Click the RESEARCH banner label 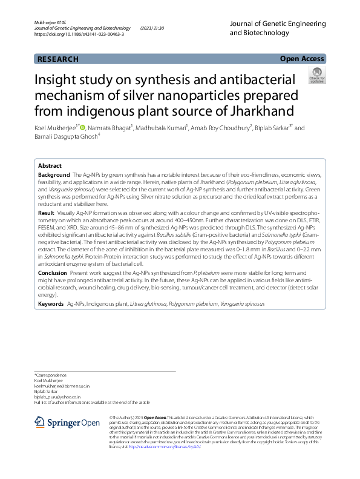pos(58,59)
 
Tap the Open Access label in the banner pos(302,59)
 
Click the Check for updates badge pos(316,76)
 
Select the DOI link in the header pos(79,35)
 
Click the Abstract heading pos(50,165)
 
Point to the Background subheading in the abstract pos(54,174)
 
